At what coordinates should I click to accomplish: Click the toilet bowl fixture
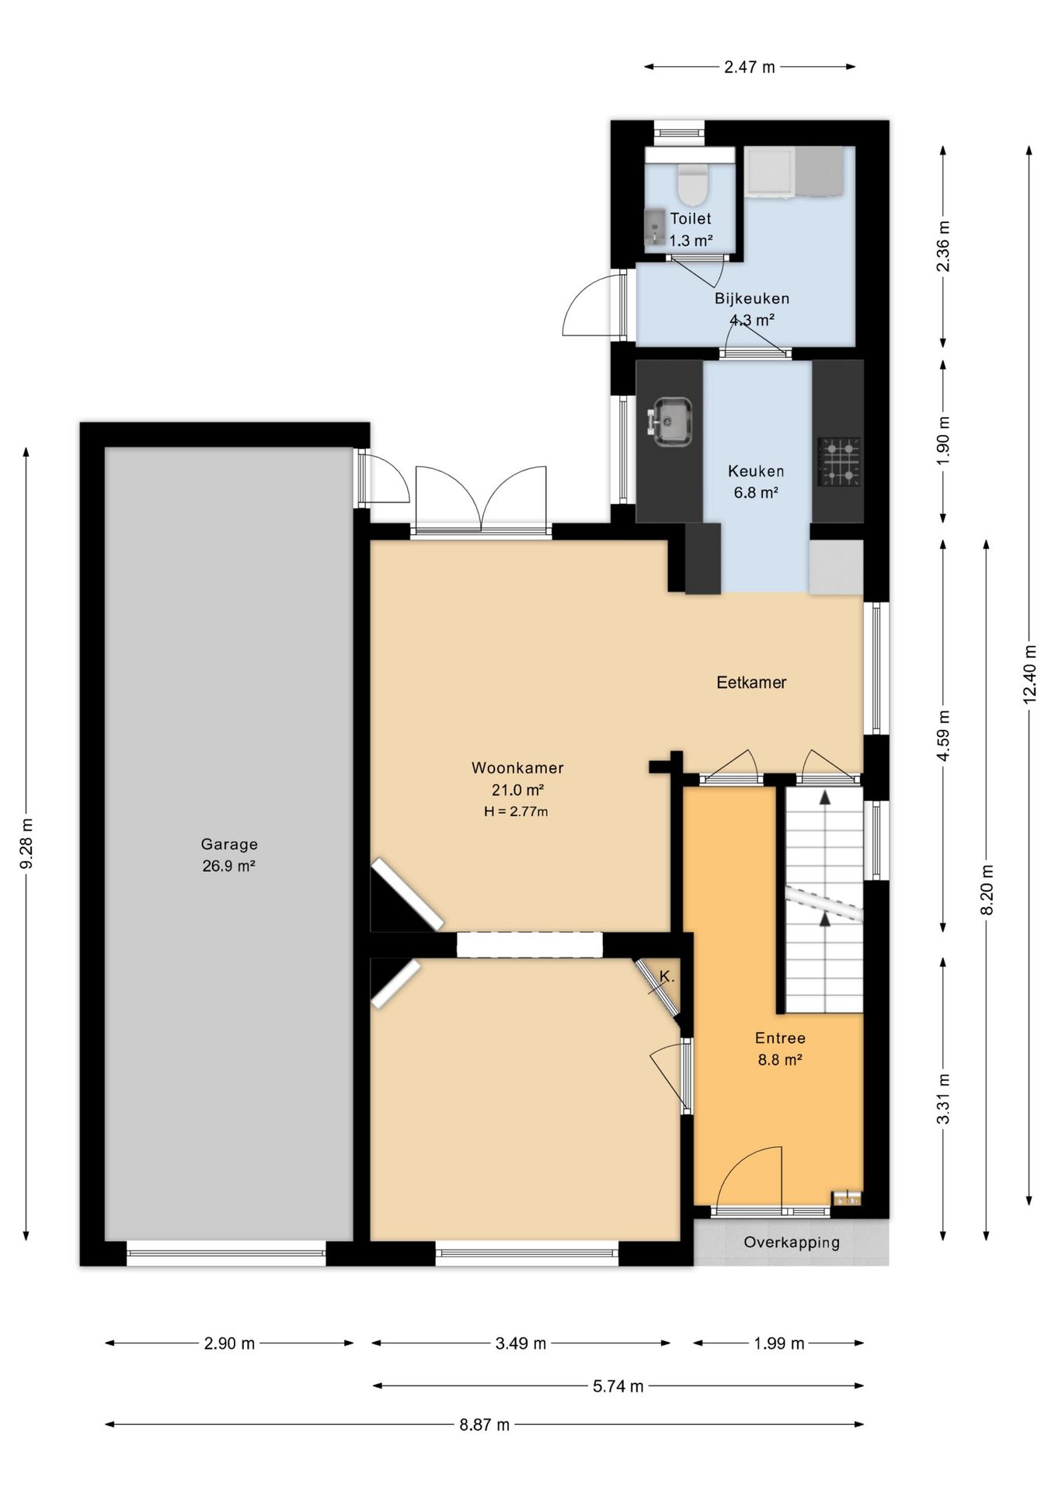click(691, 182)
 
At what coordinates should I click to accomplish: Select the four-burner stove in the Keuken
click(839, 462)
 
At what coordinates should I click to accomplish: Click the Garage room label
click(229, 844)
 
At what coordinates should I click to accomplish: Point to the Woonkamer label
click(517, 768)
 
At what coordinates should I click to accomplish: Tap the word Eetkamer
click(751, 683)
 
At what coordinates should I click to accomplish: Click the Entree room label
click(780, 1038)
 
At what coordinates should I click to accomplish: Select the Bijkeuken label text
click(752, 298)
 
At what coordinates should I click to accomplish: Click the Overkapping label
click(792, 1242)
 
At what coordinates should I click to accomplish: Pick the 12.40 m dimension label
click(1030, 674)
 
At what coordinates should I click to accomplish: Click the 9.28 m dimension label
click(26, 844)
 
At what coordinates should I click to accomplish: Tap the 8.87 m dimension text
click(484, 1424)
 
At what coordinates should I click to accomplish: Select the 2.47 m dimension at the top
click(750, 67)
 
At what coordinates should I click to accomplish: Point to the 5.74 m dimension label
click(618, 1385)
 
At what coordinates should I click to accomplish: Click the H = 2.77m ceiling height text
click(516, 812)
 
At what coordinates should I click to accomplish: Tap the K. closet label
click(666, 976)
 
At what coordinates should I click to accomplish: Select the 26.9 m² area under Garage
click(229, 866)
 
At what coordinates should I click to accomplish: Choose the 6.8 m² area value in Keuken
click(756, 492)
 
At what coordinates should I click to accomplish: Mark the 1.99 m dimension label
click(779, 1343)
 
